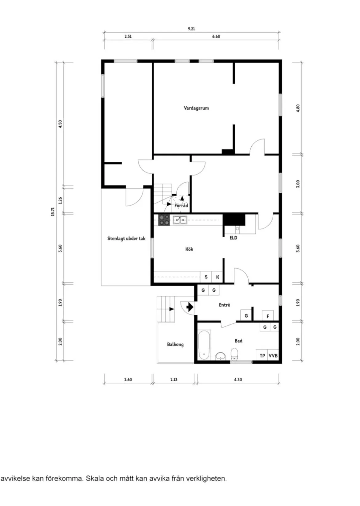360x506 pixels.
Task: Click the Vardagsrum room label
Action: click(x=196, y=108)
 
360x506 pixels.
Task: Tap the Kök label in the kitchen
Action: click(x=189, y=249)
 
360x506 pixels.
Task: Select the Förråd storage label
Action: click(x=181, y=205)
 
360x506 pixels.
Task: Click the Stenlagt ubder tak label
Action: click(x=126, y=238)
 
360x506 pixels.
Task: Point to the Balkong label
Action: click(x=175, y=344)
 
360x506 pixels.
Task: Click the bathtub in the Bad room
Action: click(x=204, y=345)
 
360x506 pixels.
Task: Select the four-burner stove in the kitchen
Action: click(x=164, y=220)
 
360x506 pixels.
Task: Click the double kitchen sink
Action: click(x=180, y=220)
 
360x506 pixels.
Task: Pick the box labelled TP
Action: click(x=262, y=355)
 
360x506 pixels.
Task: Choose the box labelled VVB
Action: click(x=273, y=355)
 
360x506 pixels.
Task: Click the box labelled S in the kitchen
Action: click(x=206, y=277)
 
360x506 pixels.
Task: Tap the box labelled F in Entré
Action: click(x=268, y=316)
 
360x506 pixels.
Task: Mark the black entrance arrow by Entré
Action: click(x=190, y=307)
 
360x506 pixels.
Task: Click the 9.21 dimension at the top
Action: click(x=191, y=29)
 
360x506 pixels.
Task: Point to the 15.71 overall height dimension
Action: click(x=53, y=211)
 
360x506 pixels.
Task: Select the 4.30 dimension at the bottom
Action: click(x=238, y=379)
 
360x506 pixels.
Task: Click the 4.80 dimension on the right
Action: click(x=298, y=108)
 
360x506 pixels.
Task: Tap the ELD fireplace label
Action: click(x=233, y=238)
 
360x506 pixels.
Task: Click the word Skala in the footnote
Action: click(x=94, y=479)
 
